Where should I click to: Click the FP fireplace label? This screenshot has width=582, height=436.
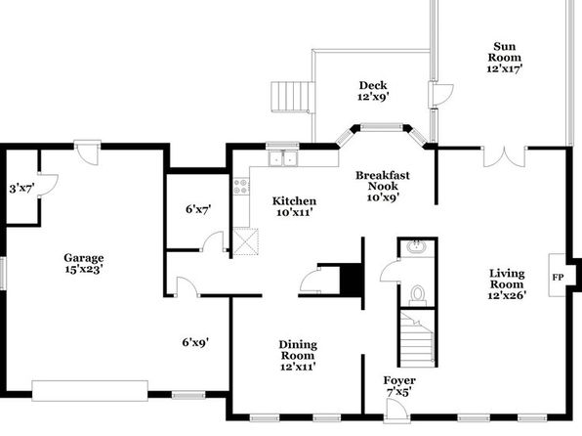tap(558, 278)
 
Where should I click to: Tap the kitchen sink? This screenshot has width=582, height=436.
tap(283, 158)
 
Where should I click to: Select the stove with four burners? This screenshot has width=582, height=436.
tap(241, 186)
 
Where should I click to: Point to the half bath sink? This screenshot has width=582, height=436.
tap(416, 246)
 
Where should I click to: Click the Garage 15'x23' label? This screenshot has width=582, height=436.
tap(84, 263)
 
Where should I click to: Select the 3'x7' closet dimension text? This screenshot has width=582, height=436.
tap(21, 189)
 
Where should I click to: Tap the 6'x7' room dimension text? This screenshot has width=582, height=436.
tap(198, 209)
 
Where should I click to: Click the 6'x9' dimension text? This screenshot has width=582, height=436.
tap(195, 342)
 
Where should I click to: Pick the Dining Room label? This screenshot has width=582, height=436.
tap(298, 355)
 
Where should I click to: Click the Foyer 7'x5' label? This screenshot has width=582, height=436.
tap(399, 386)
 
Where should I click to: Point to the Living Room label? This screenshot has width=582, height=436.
tap(507, 284)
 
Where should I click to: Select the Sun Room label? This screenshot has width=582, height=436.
tap(505, 58)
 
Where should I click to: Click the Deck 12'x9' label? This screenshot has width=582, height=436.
tap(373, 91)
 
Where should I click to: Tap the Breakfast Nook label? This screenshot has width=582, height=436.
tap(383, 186)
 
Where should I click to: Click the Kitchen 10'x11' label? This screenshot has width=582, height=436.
tap(294, 206)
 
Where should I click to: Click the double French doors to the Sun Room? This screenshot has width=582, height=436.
tap(505, 156)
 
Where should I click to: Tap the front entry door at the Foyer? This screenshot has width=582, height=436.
tap(396, 412)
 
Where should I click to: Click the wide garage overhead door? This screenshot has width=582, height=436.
tap(90, 391)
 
